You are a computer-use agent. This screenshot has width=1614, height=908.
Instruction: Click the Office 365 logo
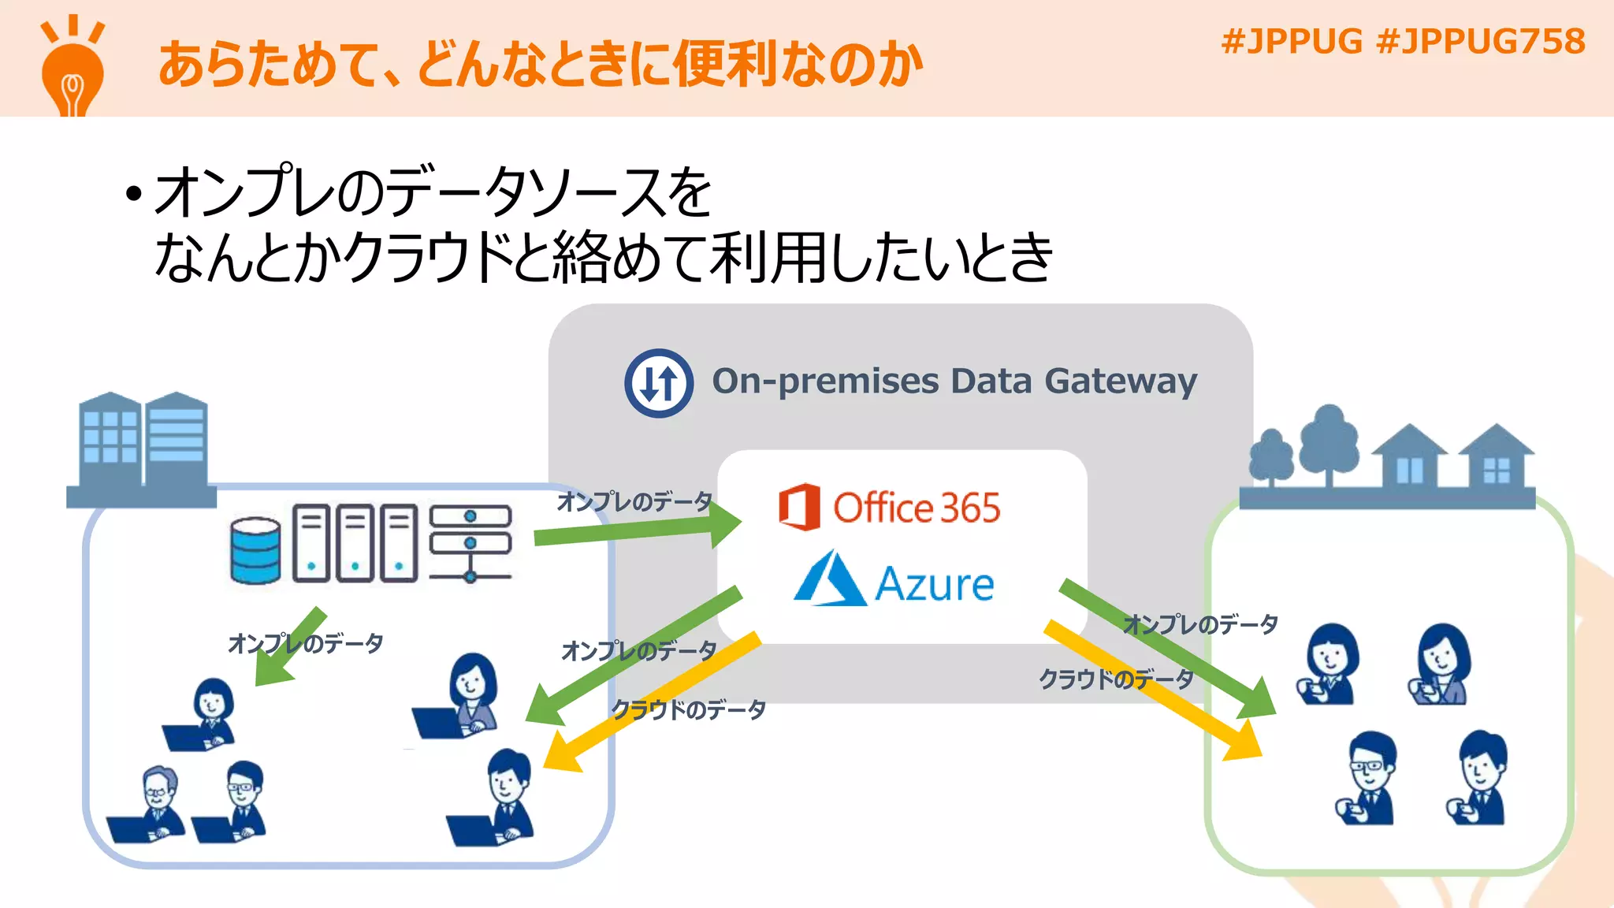coord(890,507)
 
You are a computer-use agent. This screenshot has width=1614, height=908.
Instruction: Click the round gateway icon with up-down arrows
coord(659,383)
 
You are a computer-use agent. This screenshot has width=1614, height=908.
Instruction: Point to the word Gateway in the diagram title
coord(1120,381)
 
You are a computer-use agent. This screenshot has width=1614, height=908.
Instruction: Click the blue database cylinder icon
coord(255,550)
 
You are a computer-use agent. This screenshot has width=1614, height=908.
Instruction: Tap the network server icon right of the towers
coord(470,544)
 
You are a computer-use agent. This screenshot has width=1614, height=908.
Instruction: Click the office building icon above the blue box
coord(142,449)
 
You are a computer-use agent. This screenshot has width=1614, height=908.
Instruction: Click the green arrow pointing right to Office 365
coord(638,530)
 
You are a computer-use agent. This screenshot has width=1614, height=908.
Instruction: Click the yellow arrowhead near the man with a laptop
coord(561,753)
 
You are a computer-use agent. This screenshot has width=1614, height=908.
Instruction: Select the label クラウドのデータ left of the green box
coord(1115,679)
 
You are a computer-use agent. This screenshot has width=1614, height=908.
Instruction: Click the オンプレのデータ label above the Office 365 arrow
coord(634,501)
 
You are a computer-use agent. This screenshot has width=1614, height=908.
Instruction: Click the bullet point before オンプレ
coord(134,194)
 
